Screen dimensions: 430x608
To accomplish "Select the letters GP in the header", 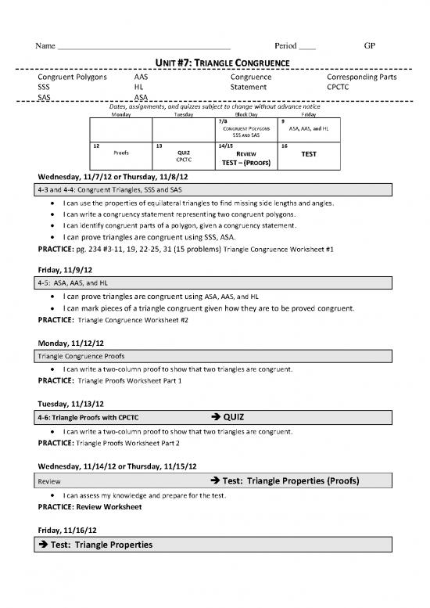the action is [x=370, y=46].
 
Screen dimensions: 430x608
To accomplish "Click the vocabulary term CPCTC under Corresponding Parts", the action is [x=338, y=88].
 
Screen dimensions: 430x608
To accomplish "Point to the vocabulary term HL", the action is [x=138, y=88].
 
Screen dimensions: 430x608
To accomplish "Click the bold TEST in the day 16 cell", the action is [x=309, y=154].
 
